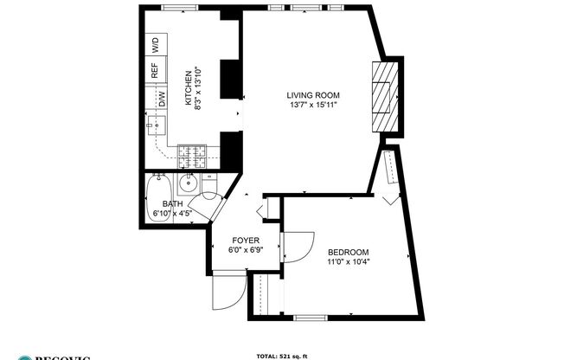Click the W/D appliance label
click(156, 42)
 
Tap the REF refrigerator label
click(156, 70)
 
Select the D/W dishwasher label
click(162, 100)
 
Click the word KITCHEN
click(189, 87)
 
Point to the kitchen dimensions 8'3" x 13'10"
click(198, 87)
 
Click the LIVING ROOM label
click(312, 95)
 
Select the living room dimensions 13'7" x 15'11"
click(312, 106)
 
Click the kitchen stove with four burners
click(195, 156)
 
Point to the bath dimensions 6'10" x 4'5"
click(173, 213)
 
